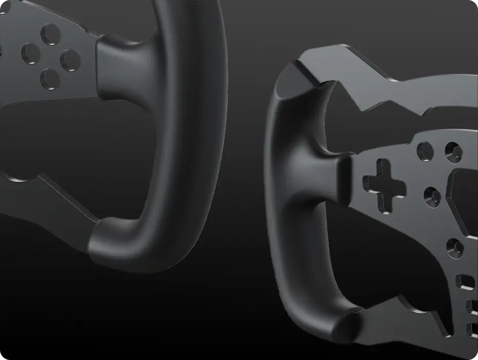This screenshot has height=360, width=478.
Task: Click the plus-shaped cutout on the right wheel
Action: click(384, 186)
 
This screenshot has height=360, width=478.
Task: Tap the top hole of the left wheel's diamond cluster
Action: click(51, 35)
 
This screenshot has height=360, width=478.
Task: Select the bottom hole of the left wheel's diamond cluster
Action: click(50, 78)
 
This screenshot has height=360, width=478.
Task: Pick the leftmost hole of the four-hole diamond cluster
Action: click(31, 53)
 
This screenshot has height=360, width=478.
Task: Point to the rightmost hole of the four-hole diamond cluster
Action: click(70, 60)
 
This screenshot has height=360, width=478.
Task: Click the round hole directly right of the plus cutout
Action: click(432, 196)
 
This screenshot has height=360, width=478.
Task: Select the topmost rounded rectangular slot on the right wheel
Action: click(465, 282)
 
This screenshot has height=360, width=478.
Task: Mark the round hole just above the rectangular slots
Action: click(454, 248)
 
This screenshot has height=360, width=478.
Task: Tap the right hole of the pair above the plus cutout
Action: click(453, 150)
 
